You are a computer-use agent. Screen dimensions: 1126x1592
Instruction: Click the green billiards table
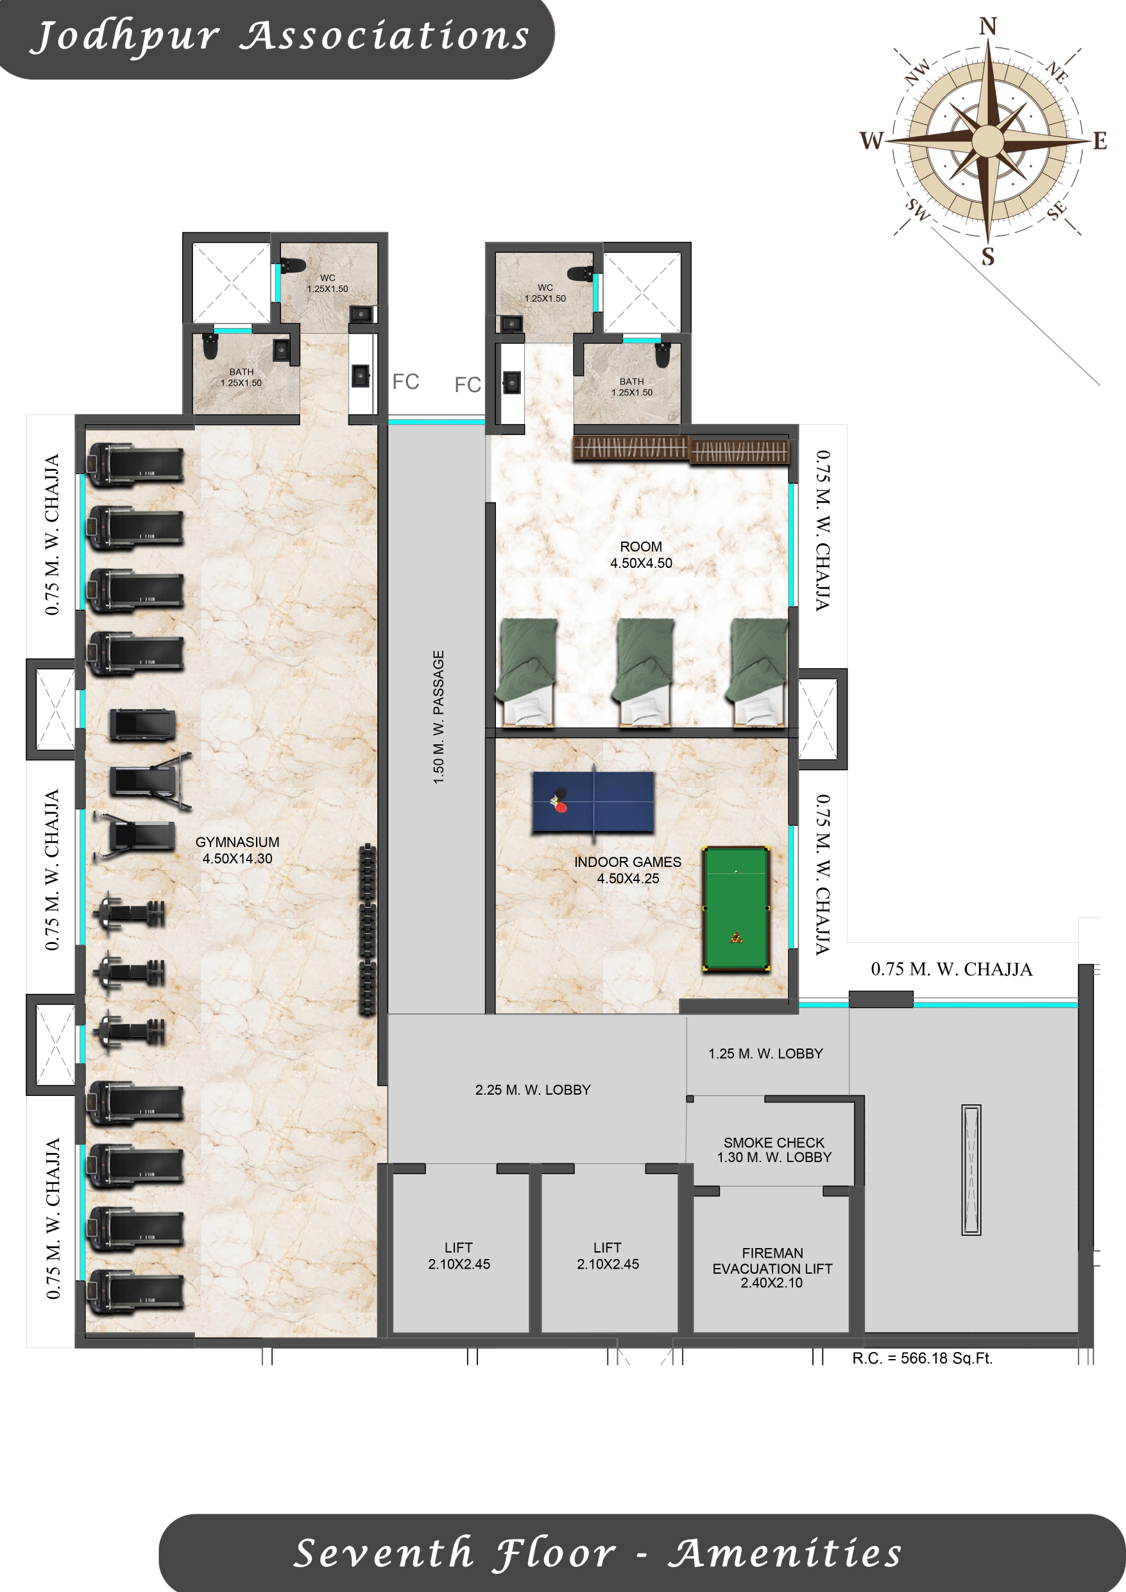736,909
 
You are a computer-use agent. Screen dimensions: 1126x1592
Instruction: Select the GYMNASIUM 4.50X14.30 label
237,850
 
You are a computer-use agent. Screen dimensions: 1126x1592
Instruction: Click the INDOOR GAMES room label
627,870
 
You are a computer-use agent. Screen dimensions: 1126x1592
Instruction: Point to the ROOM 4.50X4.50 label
641,554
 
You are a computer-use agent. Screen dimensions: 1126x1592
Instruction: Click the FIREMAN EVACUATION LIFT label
772,1267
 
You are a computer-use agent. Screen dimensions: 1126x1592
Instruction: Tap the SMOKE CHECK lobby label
774,1150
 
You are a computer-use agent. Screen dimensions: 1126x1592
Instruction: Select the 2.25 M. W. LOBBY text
533,1090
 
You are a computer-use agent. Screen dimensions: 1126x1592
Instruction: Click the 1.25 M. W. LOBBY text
765,1053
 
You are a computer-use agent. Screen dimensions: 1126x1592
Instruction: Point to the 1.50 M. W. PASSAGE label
438,717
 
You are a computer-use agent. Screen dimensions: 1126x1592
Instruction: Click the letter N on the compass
988,26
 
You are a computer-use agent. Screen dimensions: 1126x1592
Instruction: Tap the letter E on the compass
1100,141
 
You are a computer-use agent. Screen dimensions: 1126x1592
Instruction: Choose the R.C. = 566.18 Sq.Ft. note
922,1358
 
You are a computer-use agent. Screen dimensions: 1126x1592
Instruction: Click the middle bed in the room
644,672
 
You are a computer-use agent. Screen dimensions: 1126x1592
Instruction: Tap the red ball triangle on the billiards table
737,938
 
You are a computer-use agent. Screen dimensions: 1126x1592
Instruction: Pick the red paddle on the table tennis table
561,807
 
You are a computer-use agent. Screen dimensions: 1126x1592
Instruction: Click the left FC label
405,381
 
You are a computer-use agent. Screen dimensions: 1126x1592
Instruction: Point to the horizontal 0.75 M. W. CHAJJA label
951,969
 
